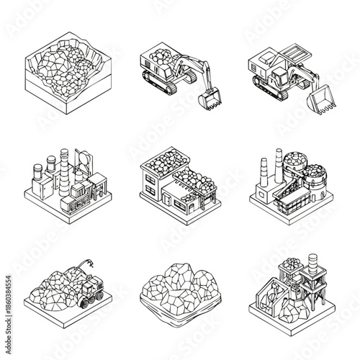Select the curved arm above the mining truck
click(x=90, y=266)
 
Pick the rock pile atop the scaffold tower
click(x=292, y=265)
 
